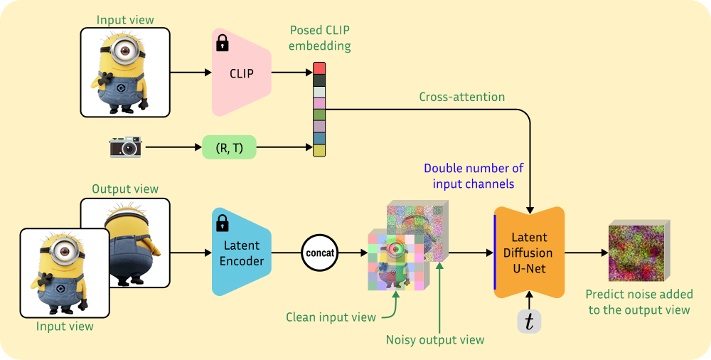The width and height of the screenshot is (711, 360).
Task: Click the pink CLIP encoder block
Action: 241,73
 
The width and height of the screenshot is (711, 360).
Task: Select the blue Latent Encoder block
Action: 241,252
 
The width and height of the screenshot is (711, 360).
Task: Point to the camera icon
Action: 125,147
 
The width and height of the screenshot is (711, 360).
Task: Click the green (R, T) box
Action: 229,147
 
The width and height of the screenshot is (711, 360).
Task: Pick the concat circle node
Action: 319,252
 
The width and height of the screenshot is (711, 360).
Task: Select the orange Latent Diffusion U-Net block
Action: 529,252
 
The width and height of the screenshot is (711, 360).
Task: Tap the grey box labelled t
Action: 528,321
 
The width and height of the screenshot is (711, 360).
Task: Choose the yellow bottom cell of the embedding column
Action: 319,150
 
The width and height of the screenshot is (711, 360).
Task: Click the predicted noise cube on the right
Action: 636,253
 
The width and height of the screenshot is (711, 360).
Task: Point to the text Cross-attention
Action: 462,97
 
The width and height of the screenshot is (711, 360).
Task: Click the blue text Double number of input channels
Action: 474,176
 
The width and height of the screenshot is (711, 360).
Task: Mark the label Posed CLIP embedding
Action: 319,38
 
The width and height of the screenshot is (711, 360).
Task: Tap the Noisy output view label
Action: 435,339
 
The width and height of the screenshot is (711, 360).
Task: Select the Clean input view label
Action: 331,317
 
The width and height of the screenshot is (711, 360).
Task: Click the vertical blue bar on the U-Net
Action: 496,252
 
